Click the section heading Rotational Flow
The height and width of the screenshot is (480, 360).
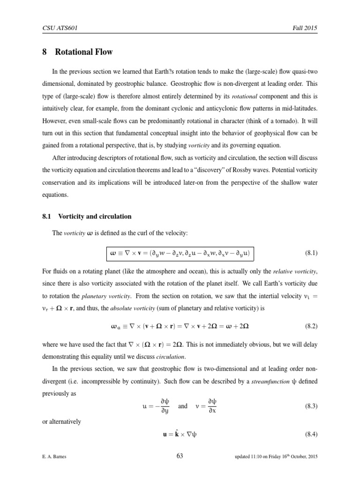(x=84, y=52)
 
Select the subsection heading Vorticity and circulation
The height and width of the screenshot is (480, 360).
(x=94, y=217)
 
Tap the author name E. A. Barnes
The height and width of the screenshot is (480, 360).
(x=54, y=457)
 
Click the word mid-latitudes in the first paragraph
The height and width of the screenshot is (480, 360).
(x=302, y=113)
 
